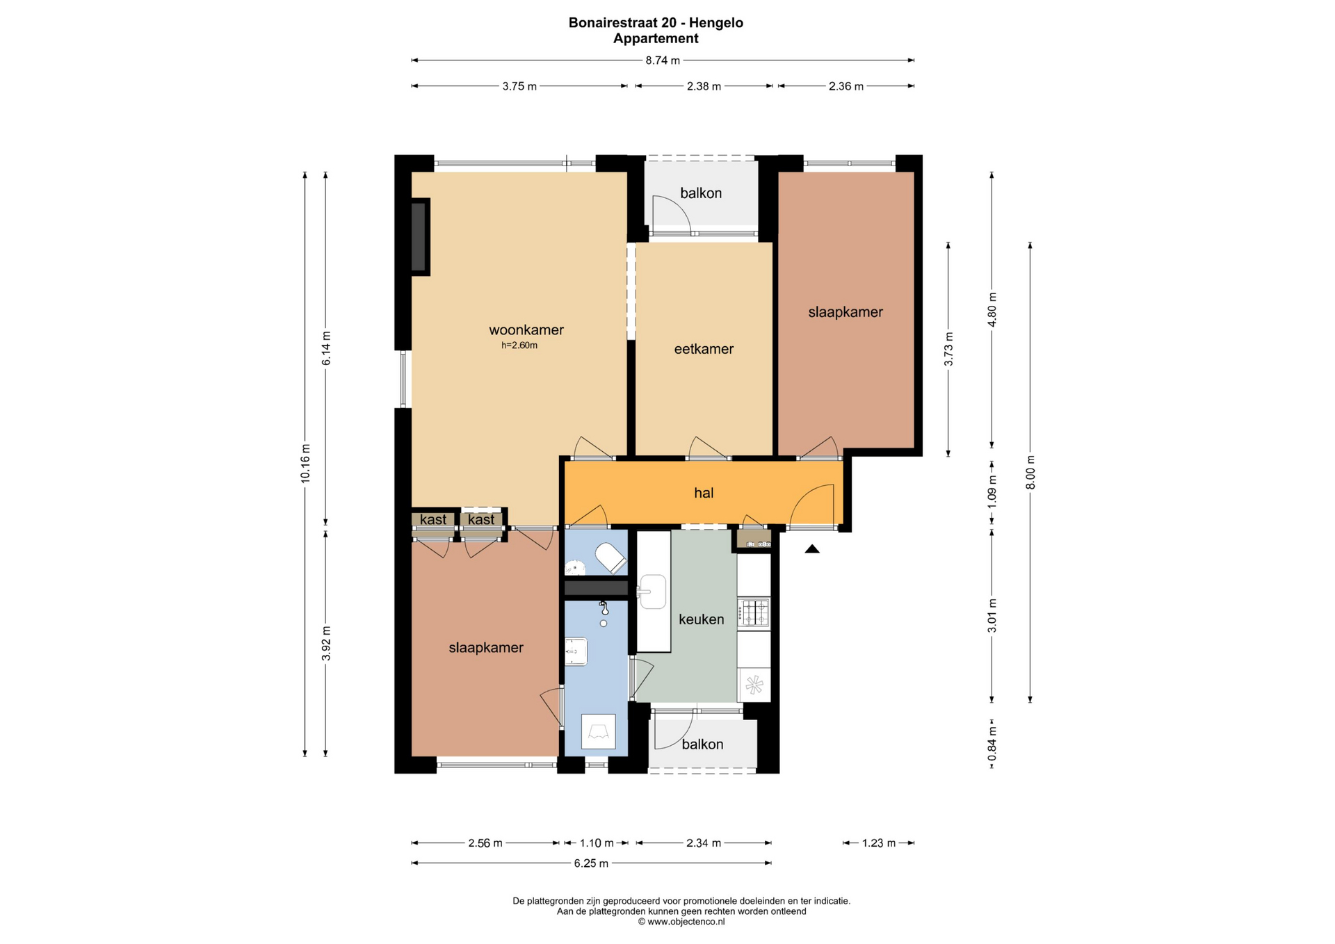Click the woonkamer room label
click(x=526, y=330)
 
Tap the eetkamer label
click(x=704, y=349)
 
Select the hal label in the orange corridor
click(x=704, y=493)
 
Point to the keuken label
click(x=701, y=619)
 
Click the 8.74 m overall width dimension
click(x=663, y=60)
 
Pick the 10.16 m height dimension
click(x=305, y=463)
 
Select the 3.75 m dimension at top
click(x=519, y=86)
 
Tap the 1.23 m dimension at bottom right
click(x=879, y=843)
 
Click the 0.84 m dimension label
click(x=992, y=743)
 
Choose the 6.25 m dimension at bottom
click(x=591, y=863)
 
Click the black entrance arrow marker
click(x=812, y=549)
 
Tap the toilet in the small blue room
click(x=611, y=557)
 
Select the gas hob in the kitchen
click(x=754, y=612)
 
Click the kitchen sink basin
click(x=652, y=592)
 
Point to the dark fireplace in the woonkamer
click(x=419, y=237)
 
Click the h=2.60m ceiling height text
click(x=519, y=345)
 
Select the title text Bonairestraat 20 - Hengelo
click(x=656, y=23)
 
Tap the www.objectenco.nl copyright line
click(x=681, y=922)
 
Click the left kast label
click(x=433, y=519)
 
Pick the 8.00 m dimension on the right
click(x=1030, y=473)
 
